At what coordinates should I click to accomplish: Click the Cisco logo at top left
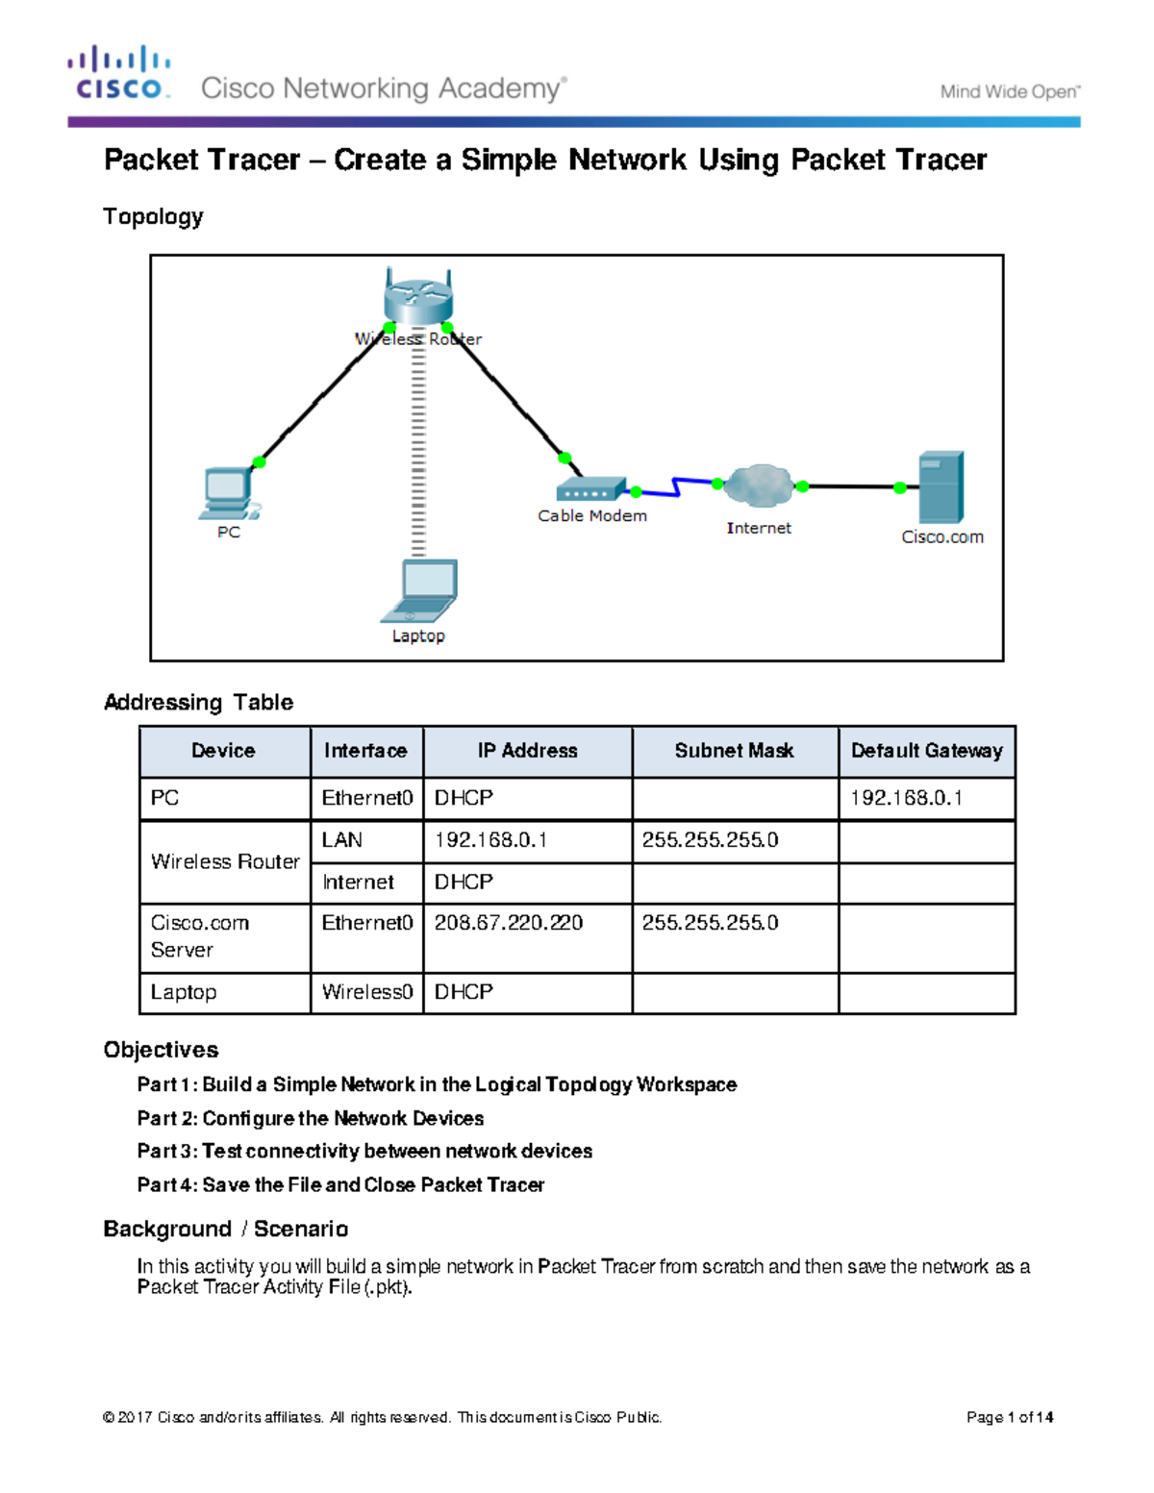(120, 73)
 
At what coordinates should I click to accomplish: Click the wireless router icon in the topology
(418, 298)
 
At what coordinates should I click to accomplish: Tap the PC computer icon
(229, 493)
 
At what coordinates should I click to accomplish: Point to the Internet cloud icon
(760, 485)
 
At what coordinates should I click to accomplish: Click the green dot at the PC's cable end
(259, 462)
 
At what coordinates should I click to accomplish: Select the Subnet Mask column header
(735, 751)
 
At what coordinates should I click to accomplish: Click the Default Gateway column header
(926, 751)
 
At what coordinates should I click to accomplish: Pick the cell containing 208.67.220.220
(508, 923)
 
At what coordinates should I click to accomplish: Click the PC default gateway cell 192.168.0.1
(906, 798)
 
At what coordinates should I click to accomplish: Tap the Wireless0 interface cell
(366, 992)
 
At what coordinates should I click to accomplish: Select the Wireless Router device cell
(225, 861)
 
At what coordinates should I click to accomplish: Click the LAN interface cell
(342, 840)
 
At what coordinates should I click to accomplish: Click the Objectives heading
(161, 1050)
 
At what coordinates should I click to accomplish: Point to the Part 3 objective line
(364, 1151)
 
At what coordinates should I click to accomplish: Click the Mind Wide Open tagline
(1010, 92)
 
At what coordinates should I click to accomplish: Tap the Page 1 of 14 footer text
(1010, 1417)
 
